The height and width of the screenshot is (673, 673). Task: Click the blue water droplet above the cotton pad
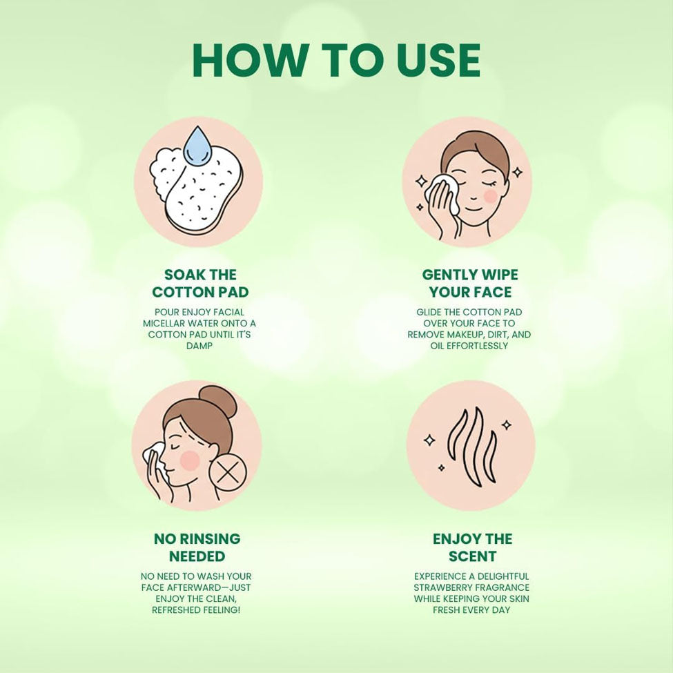198,144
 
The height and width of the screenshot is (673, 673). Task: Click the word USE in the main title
438,60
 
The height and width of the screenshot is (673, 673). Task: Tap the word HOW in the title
249,60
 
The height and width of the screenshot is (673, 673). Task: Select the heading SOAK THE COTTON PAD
200,283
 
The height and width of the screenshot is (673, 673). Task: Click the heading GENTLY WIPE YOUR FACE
470,283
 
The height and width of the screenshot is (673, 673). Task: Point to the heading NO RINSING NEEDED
197,547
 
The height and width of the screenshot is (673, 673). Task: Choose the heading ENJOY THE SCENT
472,547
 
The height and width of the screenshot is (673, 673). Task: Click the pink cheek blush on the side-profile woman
190,460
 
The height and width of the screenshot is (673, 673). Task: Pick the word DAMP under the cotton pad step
199,346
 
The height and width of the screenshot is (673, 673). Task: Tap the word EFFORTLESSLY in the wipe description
477,346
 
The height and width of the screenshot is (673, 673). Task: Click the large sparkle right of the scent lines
507,425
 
